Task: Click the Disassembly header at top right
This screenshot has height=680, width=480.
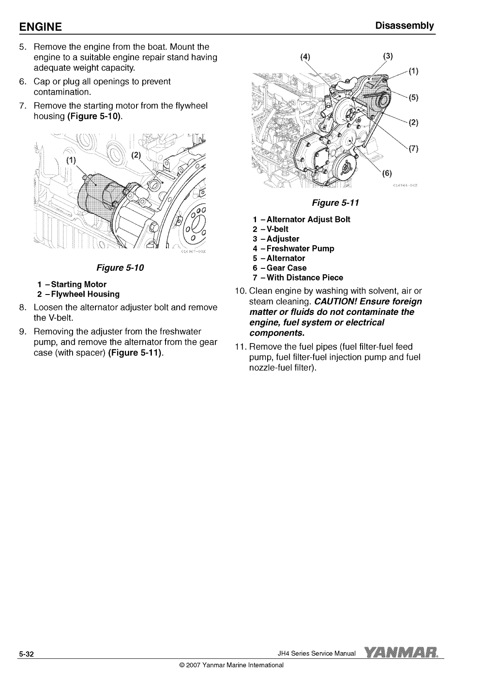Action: coord(404,26)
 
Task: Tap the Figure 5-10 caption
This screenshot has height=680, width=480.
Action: coord(120,268)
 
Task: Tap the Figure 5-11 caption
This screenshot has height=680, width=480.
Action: coord(335,203)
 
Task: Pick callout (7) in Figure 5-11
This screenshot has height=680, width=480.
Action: coord(413,148)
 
